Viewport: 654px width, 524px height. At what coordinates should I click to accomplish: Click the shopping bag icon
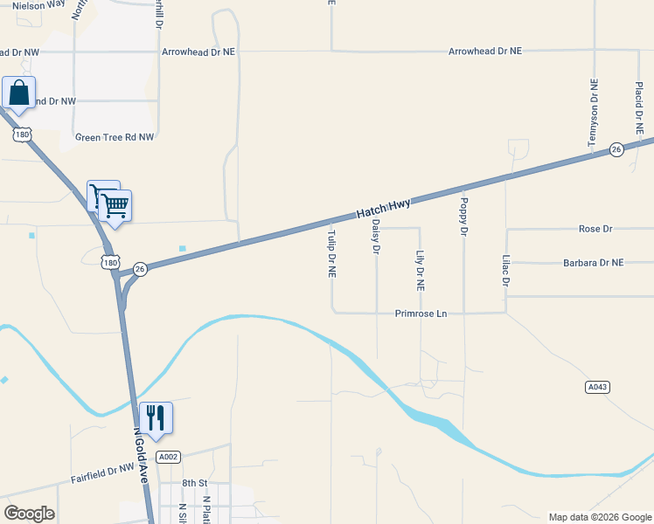19,93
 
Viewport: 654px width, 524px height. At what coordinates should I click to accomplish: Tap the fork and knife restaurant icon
156,417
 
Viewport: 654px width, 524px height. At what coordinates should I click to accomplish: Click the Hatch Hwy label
383,209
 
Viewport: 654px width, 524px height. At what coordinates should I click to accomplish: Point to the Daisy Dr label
376,237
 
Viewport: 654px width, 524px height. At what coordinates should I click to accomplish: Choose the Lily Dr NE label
420,270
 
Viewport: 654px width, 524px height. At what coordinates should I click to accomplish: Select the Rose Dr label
595,229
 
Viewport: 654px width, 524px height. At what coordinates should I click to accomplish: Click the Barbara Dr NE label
594,262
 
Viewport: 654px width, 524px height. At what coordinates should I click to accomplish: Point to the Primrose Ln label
421,313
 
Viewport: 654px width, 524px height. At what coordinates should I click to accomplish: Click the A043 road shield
596,386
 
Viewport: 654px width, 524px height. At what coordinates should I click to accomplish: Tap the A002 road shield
169,457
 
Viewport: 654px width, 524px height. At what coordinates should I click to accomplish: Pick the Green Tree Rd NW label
115,137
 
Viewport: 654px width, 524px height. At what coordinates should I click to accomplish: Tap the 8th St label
194,483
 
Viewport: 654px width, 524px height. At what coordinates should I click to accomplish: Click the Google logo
29,514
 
